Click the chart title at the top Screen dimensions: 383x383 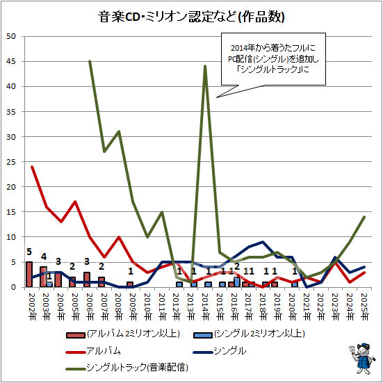pyautogui.click(x=191, y=17)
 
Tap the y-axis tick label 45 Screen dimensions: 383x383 pyautogui.click(x=10, y=62)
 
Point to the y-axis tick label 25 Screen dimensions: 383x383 pyautogui.click(x=10, y=162)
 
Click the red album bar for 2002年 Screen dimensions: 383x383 pyautogui.click(x=29, y=275)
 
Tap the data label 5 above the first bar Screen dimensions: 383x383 pyautogui.click(x=29, y=252)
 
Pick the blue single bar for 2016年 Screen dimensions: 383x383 pyautogui.click(x=237, y=282)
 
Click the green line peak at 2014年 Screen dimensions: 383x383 pyautogui.click(x=205, y=66)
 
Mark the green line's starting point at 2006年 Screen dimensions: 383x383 pyautogui.click(x=90, y=61)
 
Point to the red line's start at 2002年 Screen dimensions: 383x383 pyautogui.click(x=32, y=167)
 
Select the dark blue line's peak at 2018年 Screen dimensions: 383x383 pyautogui.click(x=263, y=242)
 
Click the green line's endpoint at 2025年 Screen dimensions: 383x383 pyautogui.click(x=364, y=217)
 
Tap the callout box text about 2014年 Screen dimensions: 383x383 pyautogui.click(x=273, y=59)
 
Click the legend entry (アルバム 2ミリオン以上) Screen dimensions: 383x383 pyautogui.click(x=123, y=334)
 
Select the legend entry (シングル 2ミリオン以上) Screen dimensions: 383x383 pyautogui.click(x=249, y=334)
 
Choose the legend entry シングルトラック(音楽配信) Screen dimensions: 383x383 pyautogui.click(x=127, y=367)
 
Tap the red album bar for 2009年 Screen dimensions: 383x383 pyautogui.click(x=130, y=284)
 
